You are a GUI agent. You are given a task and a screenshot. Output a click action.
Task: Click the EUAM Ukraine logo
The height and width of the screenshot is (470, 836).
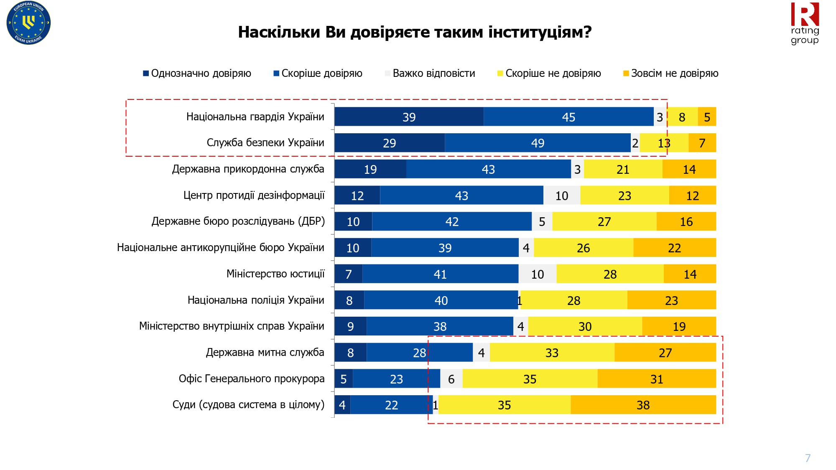tap(28, 23)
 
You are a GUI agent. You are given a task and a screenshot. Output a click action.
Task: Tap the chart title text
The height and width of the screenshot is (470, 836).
tap(415, 32)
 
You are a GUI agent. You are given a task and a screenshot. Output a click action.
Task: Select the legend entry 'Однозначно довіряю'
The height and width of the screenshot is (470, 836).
tap(197, 74)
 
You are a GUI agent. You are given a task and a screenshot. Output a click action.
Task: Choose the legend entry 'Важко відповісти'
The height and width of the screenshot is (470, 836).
tap(430, 74)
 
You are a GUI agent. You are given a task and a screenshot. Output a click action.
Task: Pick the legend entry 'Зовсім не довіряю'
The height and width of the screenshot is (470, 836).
tap(671, 74)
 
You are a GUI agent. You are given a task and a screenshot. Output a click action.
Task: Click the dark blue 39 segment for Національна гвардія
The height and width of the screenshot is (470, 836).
tap(409, 117)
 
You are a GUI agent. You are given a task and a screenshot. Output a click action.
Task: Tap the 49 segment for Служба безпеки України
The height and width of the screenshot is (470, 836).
tap(538, 143)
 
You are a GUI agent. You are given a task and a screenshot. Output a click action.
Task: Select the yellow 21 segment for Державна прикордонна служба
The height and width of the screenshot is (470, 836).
tap(623, 169)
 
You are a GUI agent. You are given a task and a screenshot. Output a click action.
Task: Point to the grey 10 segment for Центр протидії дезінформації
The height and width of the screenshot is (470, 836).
tap(562, 196)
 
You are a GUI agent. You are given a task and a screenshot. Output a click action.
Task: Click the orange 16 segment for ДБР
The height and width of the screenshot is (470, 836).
tap(686, 221)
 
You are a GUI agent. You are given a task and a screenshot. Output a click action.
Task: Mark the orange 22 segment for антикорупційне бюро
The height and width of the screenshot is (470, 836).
tap(674, 248)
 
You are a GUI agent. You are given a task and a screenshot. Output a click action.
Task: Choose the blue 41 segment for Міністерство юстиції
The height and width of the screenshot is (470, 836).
tap(440, 274)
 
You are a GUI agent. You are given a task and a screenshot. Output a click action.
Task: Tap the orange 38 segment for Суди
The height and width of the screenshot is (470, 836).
tap(643, 405)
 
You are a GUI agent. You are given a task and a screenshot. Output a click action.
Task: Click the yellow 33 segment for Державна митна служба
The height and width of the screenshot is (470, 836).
tap(552, 353)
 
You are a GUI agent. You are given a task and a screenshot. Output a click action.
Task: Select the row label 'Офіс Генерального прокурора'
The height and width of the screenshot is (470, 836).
tap(252, 379)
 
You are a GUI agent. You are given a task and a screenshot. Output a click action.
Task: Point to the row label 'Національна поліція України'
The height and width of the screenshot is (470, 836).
tap(256, 300)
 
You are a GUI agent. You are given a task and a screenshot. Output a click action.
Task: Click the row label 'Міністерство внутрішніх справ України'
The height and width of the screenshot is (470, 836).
tap(232, 326)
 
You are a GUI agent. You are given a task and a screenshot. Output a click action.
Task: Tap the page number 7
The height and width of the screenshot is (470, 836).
tap(808, 458)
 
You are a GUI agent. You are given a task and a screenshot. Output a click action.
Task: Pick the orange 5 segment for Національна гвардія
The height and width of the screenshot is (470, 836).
tap(707, 117)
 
